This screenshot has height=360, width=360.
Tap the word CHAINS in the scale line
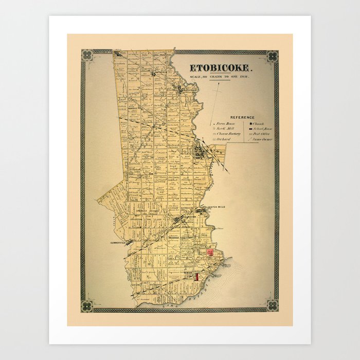[218, 76]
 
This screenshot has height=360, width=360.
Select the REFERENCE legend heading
[242, 117]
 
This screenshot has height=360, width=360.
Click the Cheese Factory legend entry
[227, 134]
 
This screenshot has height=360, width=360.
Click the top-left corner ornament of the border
[86, 55]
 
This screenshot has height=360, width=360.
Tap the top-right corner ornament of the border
[272, 55]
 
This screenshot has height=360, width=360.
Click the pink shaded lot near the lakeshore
[210, 252]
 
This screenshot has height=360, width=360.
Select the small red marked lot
[196, 276]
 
